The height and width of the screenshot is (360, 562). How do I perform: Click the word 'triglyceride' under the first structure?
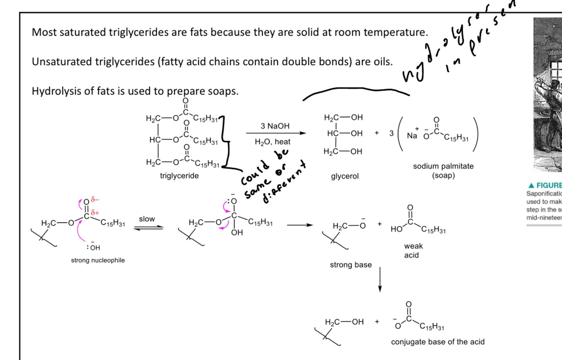(179, 176)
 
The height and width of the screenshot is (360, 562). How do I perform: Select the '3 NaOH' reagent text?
(272, 126)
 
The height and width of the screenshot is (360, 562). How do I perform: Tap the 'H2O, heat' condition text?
(272, 142)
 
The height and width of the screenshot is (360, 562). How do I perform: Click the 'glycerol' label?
(345, 176)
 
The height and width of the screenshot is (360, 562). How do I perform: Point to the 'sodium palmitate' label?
(443, 166)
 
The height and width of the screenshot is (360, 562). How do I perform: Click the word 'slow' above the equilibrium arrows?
(147, 219)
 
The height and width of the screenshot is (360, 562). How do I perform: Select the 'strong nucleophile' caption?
(98, 260)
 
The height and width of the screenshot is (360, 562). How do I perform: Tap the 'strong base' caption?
(351, 265)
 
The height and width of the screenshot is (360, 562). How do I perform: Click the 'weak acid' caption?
(413, 250)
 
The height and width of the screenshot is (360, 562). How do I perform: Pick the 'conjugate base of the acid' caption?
(438, 341)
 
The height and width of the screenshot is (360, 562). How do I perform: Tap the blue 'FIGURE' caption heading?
(544, 185)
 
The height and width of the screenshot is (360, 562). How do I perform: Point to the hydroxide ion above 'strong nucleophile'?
(95, 247)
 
